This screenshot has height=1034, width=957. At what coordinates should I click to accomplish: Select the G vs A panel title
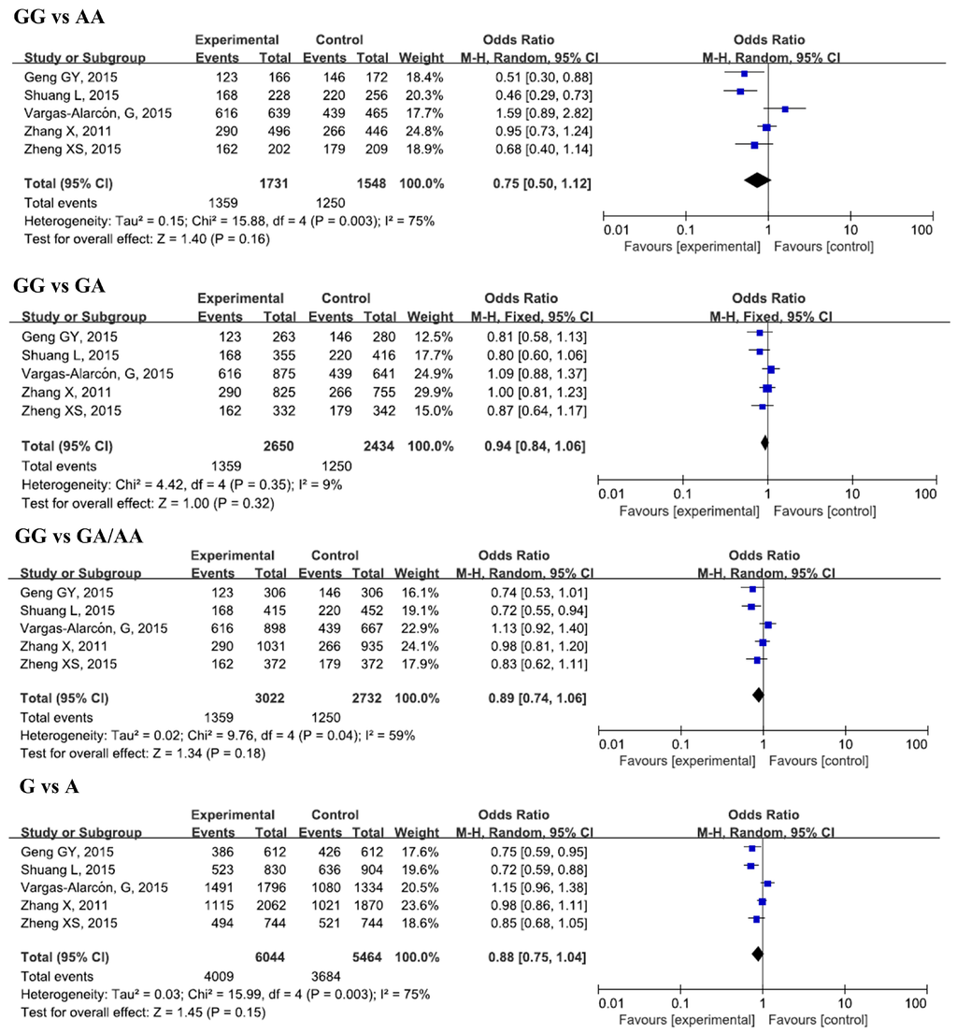click(x=49, y=787)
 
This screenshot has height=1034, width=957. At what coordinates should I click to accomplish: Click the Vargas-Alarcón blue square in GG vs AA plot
click(x=785, y=109)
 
